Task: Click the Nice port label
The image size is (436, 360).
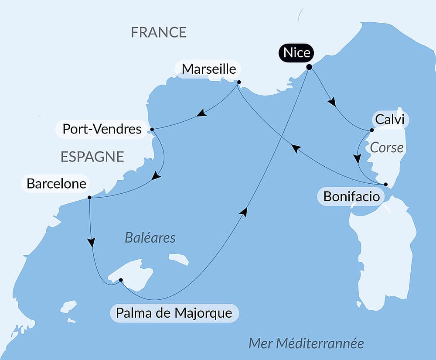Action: [x=297, y=53]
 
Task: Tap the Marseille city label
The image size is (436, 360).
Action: [x=209, y=69]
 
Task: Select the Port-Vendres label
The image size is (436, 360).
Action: [x=102, y=129]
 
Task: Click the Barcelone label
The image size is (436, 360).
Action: [x=56, y=184]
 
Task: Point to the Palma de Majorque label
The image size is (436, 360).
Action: [x=174, y=313]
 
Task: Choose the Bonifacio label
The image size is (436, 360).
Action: [x=351, y=197]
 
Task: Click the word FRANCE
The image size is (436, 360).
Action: [x=159, y=32]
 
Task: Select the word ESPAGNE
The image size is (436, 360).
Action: [x=92, y=157]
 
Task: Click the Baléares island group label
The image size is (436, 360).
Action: [x=150, y=238]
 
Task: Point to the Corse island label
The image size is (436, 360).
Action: [x=387, y=147]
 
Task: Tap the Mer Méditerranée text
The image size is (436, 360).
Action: [x=306, y=343]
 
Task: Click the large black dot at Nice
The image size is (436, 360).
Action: [x=309, y=67]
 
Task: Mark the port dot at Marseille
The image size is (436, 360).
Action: [x=239, y=82]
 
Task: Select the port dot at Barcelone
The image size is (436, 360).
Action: [x=89, y=197]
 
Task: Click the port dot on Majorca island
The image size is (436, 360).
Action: [x=121, y=280]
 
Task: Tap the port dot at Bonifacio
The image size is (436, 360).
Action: [x=385, y=184]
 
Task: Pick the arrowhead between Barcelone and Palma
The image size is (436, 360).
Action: [x=91, y=242]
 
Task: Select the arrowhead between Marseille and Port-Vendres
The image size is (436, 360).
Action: [x=201, y=114]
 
